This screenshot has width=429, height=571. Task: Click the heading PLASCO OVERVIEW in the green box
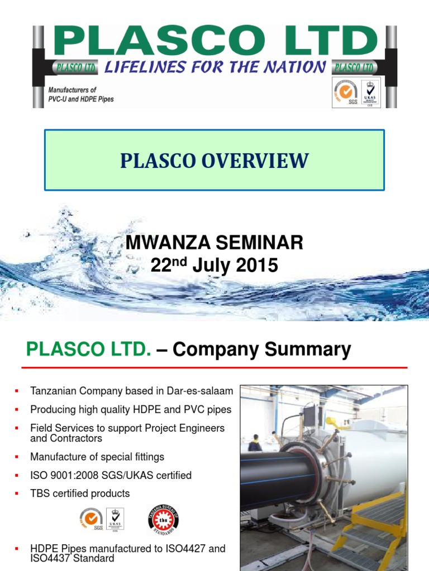(x=214, y=161)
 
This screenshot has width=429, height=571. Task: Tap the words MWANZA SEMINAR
(x=214, y=243)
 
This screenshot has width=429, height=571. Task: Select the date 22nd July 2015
(x=214, y=266)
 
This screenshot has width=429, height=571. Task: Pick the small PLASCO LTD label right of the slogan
(x=353, y=67)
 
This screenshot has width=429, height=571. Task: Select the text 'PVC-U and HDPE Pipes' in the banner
(x=81, y=99)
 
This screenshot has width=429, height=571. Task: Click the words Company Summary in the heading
(x=261, y=350)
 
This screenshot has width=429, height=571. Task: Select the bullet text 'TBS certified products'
(x=80, y=493)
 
